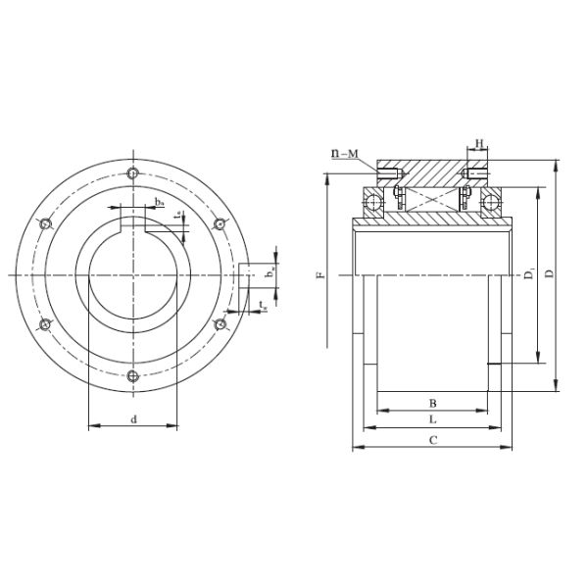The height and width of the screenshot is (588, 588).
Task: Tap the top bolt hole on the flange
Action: point(132,174)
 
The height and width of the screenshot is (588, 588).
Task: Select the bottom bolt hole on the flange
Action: point(132,376)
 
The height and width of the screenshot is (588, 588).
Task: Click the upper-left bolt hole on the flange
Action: point(45,224)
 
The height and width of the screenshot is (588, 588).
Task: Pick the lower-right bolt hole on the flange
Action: point(220,325)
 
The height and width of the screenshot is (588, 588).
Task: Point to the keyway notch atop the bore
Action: point(132,224)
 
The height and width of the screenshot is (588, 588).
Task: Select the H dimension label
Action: point(479,145)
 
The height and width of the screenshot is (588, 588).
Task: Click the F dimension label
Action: point(320,276)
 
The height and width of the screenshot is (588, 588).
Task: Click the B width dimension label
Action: point(432,403)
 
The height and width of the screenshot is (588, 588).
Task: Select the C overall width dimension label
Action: point(432,440)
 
